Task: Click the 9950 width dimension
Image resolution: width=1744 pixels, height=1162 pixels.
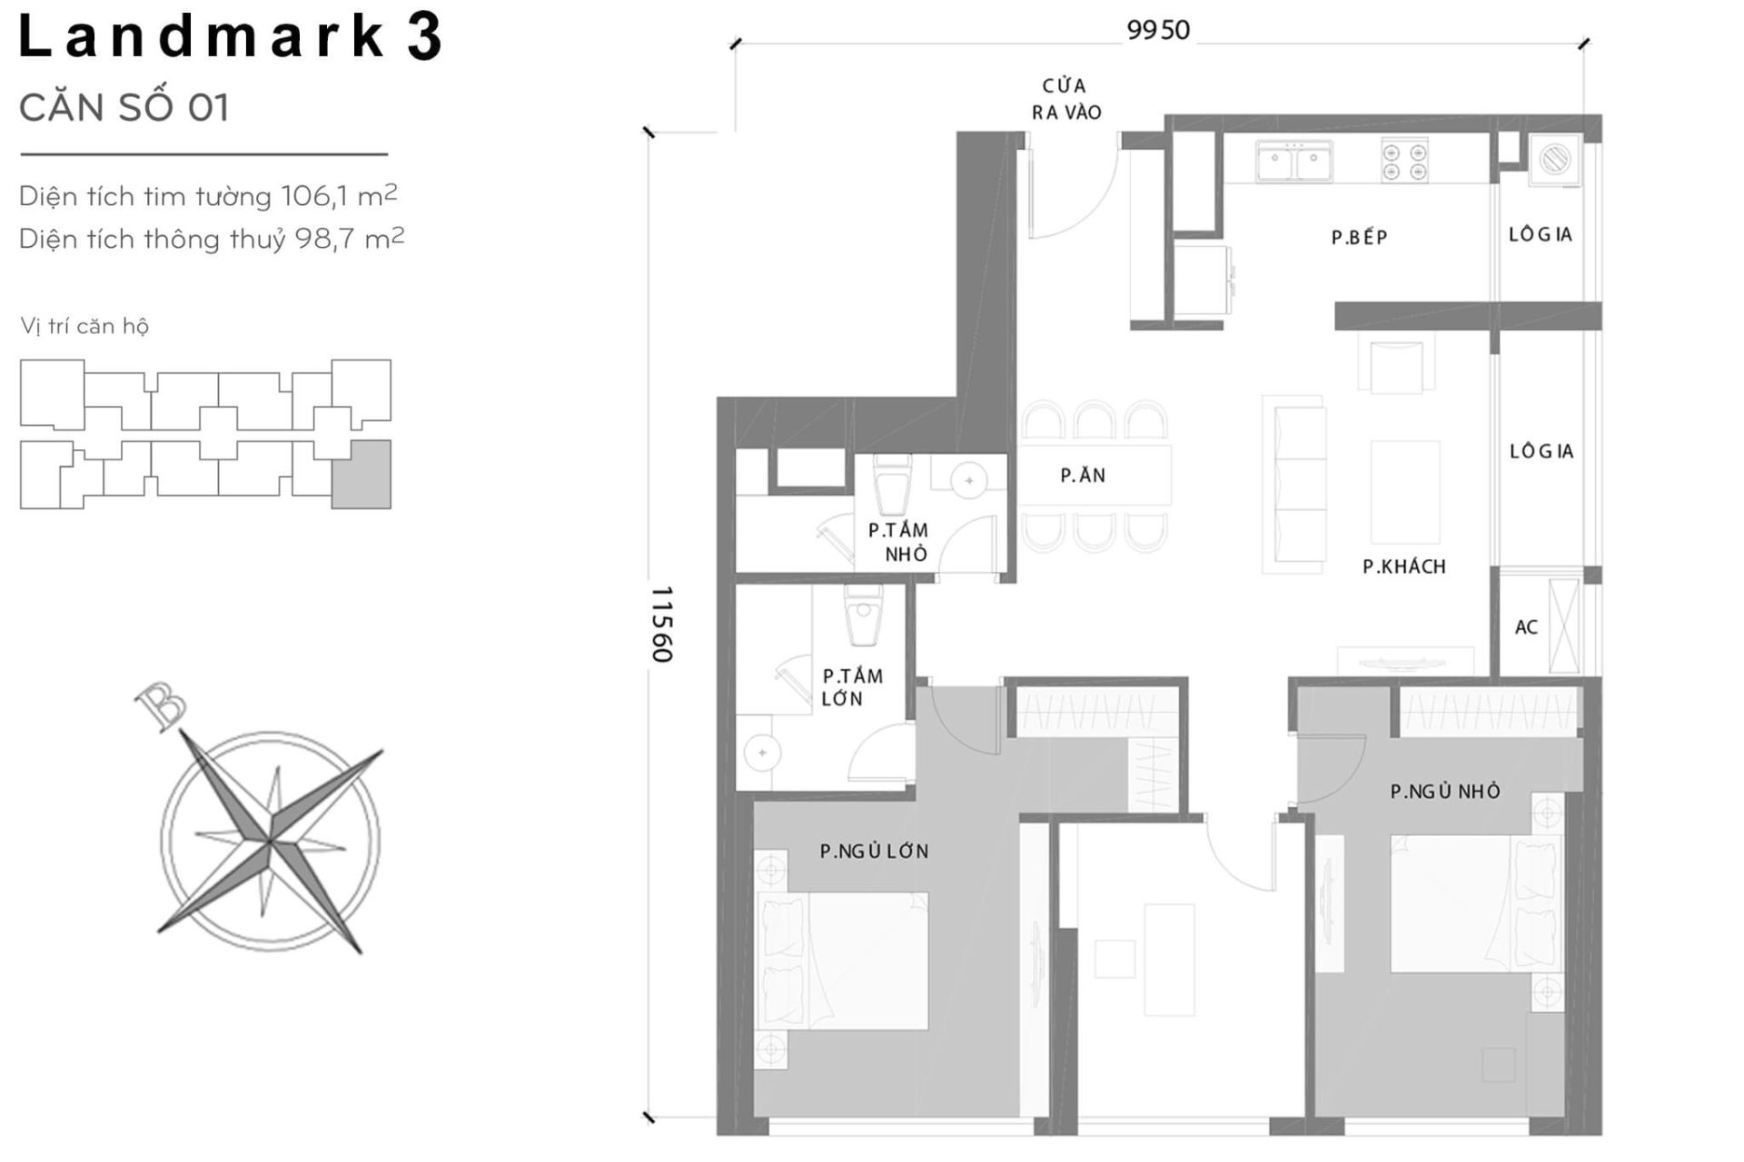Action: [x=1157, y=30]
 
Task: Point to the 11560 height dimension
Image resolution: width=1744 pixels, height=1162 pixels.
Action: [x=661, y=625]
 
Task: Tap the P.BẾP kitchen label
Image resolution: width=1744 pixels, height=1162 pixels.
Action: [x=1359, y=238]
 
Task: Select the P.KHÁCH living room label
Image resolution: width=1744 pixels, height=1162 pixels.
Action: [x=1403, y=566]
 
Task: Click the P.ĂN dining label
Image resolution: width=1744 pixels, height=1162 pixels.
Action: [x=1083, y=475]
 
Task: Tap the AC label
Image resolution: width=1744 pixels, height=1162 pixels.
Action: [x=1526, y=627]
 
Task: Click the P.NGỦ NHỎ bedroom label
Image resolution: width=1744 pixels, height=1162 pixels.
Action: [x=1444, y=792]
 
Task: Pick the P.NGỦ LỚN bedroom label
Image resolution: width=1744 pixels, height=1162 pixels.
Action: [x=874, y=852]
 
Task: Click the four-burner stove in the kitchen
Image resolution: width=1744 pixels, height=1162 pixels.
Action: [x=1404, y=161]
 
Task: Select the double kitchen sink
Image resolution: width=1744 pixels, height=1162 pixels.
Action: [x=1293, y=162]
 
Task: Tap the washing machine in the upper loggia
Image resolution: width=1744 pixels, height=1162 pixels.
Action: [x=1554, y=161]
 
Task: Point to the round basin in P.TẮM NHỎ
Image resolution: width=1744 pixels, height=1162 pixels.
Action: [x=969, y=481]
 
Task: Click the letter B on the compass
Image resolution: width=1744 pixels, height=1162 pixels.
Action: [x=161, y=706]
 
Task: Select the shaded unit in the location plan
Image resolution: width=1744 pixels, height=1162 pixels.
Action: [x=361, y=474]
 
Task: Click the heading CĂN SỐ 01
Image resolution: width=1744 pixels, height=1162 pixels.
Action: [x=124, y=108]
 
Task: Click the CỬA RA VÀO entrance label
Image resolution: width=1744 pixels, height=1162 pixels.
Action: [x=1065, y=99]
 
